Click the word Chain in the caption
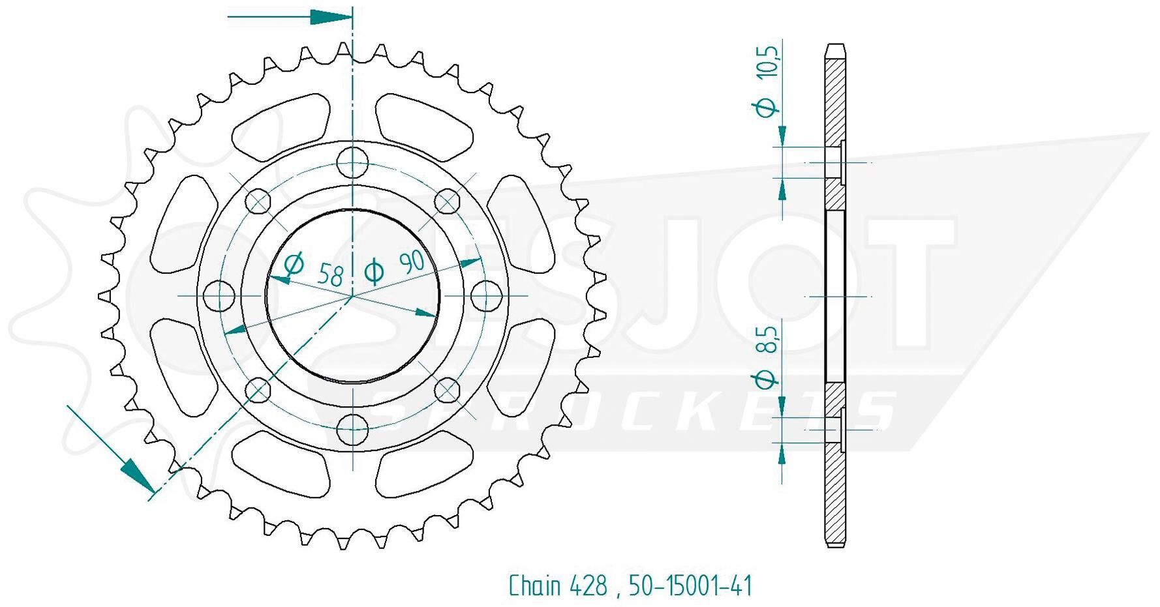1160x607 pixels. click(x=534, y=585)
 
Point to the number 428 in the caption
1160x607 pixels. click(x=588, y=585)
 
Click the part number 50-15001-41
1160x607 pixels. click(x=690, y=585)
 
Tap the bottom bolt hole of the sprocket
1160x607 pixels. click(x=353, y=429)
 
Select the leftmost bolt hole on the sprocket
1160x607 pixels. click(x=219, y=296)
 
